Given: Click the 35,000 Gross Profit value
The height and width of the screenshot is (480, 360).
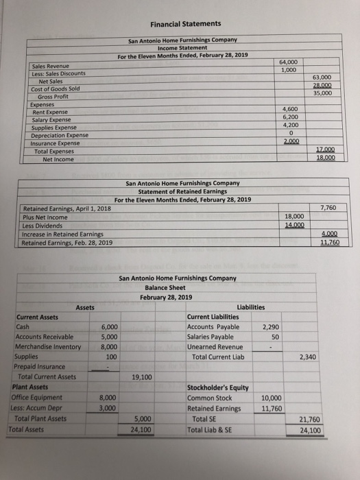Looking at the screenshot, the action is tap(322, 93).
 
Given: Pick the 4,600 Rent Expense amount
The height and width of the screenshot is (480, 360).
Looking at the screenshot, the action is tap(289, 109).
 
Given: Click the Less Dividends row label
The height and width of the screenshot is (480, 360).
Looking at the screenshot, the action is tap(43, 225).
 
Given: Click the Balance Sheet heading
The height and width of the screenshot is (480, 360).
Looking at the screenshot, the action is tap(166, 288).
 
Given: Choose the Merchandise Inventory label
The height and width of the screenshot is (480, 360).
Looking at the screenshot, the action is tap(47, 347).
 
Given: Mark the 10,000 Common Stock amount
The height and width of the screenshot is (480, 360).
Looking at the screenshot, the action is tap(271, 398).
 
